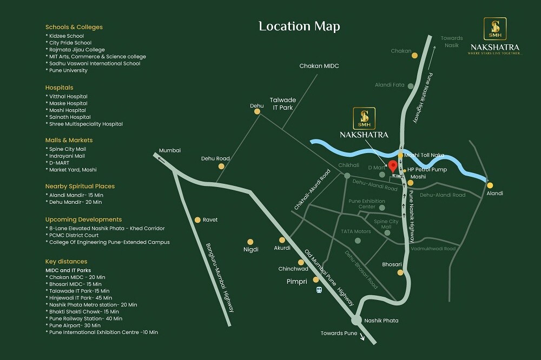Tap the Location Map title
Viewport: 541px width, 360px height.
coord(299,26)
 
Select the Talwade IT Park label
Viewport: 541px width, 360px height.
coord(281,104)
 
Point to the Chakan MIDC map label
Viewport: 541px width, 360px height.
coord(319,66)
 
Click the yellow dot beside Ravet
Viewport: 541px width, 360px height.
coord(197,219)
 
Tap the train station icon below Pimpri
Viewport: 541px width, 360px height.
coord(319,290)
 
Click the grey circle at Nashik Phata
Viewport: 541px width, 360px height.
coord(356,320)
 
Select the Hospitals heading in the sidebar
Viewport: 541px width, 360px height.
coord(60,88)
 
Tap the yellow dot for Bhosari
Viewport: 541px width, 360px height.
coord(400,272)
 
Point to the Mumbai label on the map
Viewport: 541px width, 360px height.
coord(169,150)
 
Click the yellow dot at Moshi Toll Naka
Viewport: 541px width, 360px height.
coord(400,155)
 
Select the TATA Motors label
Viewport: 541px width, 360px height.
coord(355,231)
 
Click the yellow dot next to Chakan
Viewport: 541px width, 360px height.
coord(414,55)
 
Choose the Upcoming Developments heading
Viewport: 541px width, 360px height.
coord(83,220)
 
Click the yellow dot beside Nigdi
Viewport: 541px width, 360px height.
coord(250,242)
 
